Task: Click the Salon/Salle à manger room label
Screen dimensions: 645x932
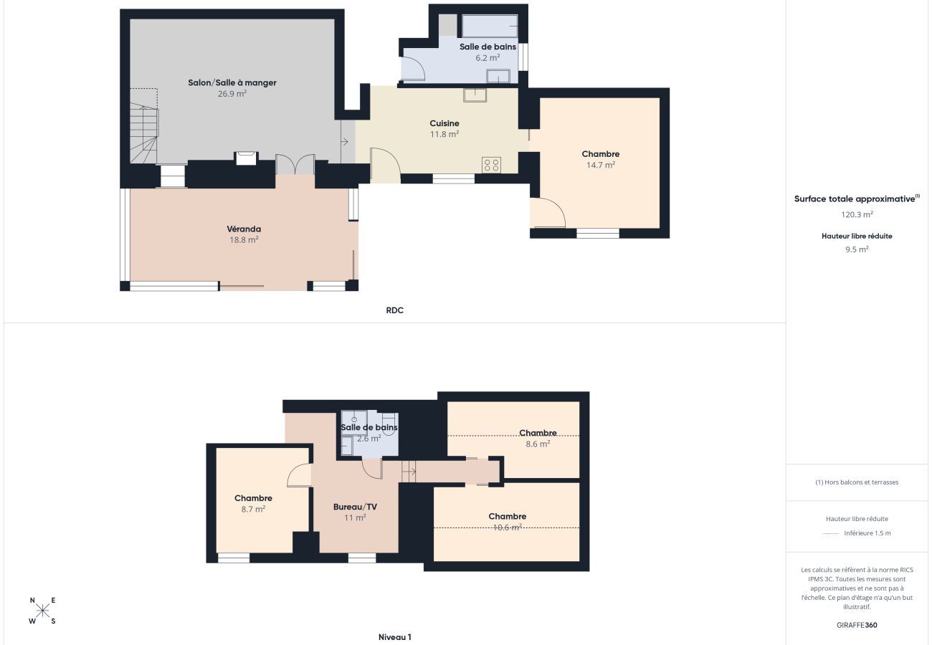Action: [232, 82]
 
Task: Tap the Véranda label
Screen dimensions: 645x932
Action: [244, 229]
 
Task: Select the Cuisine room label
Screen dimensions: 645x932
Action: [444, 123]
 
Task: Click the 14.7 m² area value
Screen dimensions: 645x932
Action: [601, 165]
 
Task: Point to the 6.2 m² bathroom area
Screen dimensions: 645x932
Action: [488, 58]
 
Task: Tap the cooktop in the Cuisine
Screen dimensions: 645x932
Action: [491, 165]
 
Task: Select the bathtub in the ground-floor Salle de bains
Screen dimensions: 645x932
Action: [490, 26]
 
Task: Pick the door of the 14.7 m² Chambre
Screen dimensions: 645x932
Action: [548, 213]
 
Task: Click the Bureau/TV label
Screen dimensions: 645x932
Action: [355, 507]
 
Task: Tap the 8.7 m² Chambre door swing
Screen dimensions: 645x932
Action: [299, 475]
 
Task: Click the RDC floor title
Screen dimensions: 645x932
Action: [394, 310]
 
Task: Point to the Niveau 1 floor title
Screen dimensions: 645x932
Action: [394, 637]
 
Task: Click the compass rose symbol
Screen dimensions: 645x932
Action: [42, 611]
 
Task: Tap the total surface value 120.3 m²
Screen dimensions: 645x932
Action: [857, 214]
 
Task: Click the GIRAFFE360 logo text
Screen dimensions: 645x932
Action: [857, 625]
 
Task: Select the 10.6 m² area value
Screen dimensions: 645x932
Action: [508, 527]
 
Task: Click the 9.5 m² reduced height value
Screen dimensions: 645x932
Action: [857, 249]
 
